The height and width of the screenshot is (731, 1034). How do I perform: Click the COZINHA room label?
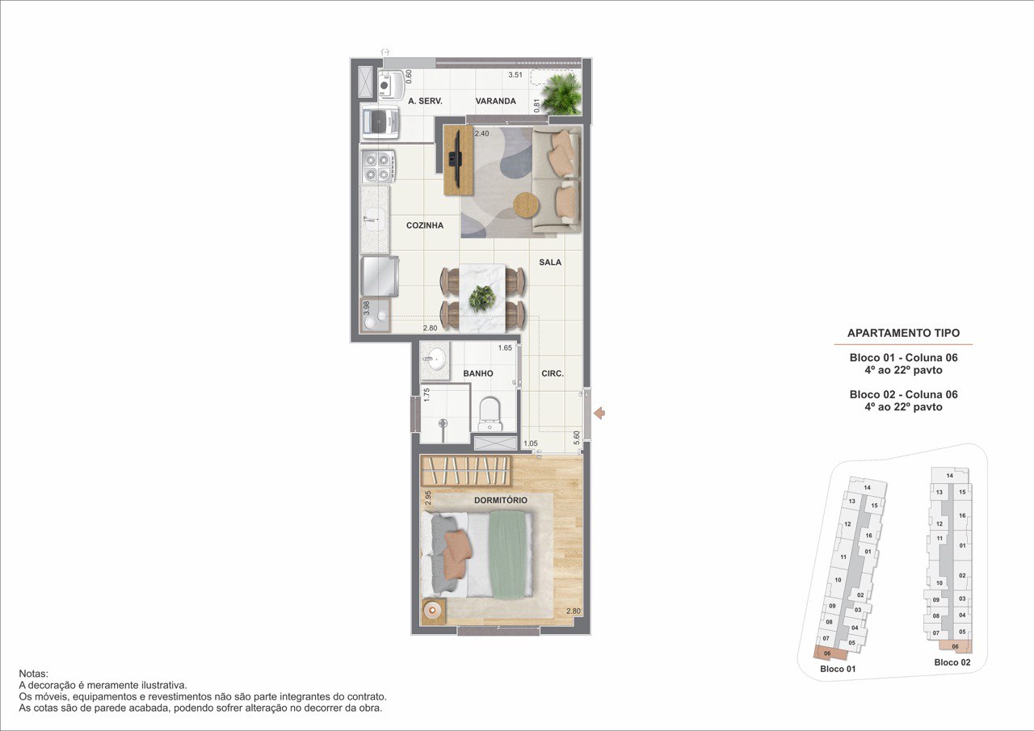click(425, 225)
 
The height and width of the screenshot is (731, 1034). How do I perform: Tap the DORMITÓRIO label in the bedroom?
click(500, 500)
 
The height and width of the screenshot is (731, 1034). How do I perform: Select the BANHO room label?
click(478, 373)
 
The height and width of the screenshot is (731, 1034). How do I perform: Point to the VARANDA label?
click(496, 101)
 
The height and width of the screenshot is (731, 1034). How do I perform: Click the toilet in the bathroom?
click(490, 414)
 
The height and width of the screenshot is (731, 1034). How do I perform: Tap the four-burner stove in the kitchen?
click(377, 166)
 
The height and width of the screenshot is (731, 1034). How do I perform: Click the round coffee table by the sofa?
click(526, 204)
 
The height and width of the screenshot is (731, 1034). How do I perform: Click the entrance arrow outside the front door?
click(599, 413)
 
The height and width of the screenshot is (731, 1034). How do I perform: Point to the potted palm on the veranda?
click(562, 94)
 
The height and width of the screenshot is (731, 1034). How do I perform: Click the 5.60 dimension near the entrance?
click(576, 438)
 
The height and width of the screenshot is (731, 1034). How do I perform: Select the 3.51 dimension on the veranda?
click(515, 75)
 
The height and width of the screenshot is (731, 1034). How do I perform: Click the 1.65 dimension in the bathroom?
click(505, 348)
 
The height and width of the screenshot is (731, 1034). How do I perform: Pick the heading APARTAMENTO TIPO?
click(903, 333)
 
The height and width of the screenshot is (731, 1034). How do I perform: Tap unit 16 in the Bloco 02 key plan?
click(962, 515)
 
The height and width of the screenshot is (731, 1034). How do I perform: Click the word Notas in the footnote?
click(33, 674)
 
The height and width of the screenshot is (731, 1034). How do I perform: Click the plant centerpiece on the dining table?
click(482, 298)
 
